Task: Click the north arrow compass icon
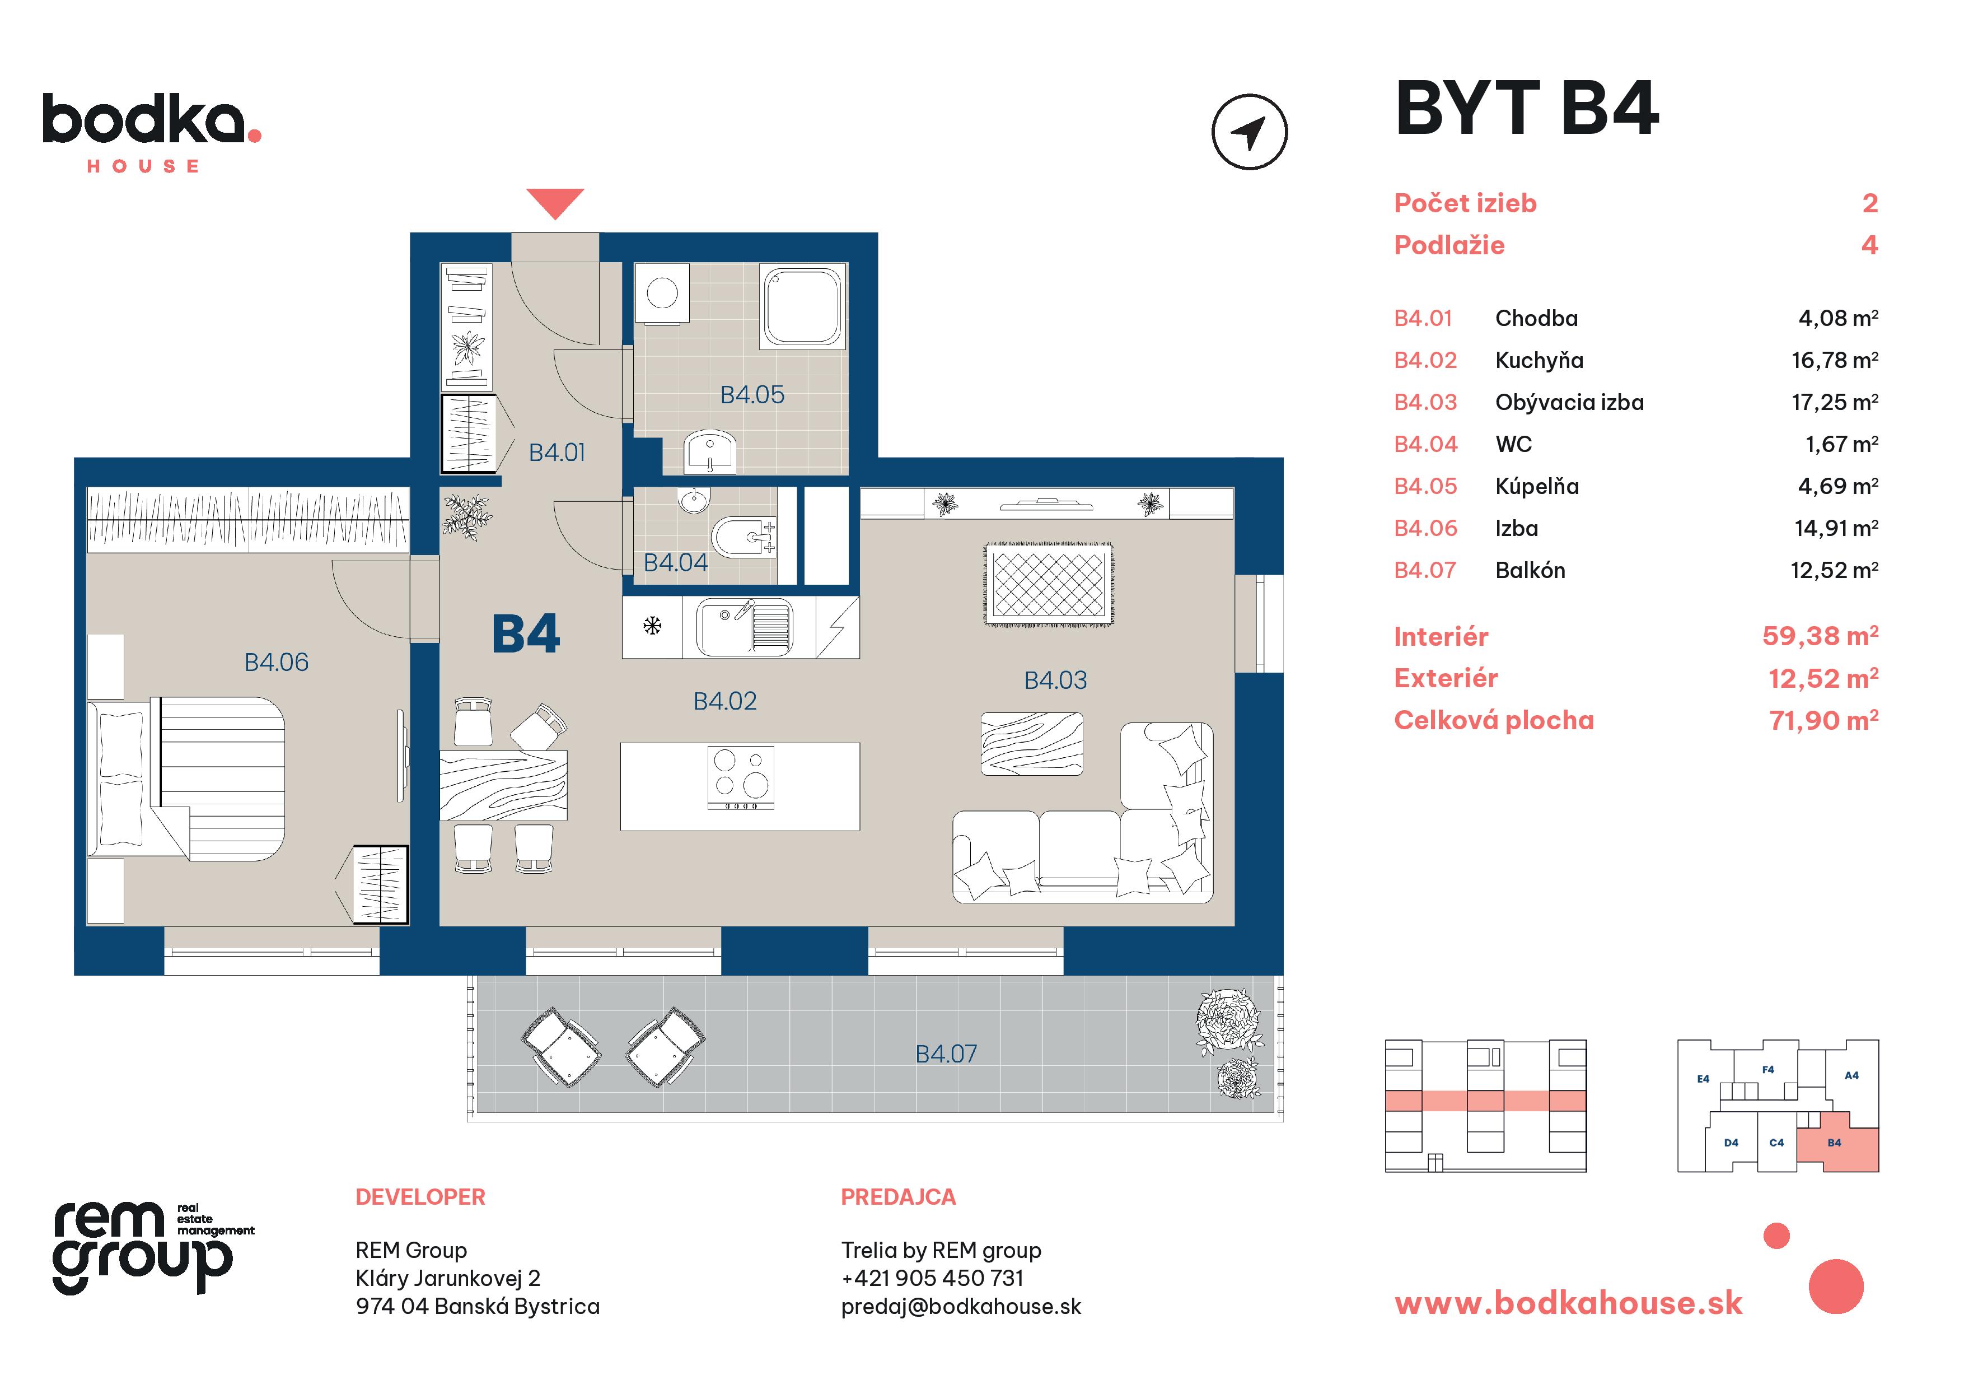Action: click(1249, 132)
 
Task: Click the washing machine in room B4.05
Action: click(662, 293)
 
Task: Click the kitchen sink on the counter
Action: click(742, 627)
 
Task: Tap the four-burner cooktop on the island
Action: click(741, 777)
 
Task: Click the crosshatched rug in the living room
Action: click(1049, 584)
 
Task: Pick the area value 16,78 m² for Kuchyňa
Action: click(1834, 360)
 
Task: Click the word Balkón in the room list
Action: click(1530, 570)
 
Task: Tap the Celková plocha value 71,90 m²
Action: click(1823, 721)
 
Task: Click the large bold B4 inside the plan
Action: click(525, 634)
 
